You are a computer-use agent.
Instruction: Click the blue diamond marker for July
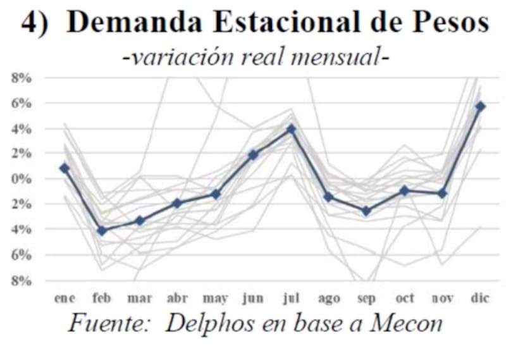tap(291, 129)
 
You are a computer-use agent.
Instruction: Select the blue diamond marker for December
tap(481, 106)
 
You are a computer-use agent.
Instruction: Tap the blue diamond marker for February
tap(102, 231)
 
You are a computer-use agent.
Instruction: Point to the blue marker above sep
tap(367, 211)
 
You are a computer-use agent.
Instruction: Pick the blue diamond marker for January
tap(65, 168)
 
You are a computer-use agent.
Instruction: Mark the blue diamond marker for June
tap(253, 154)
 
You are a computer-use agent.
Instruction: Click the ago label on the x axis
tap(329, 298)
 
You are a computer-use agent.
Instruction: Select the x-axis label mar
tap(139, 298)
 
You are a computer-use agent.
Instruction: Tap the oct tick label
tap(405, 298)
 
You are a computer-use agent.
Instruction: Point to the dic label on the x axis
tap(481, 298)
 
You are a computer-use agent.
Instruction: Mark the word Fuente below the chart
tap(109, 324)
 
